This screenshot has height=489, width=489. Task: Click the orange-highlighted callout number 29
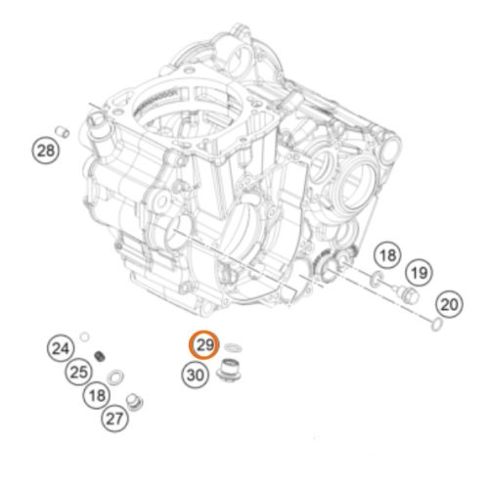click(204, 346)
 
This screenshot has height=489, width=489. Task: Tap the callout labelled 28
click(46, 150)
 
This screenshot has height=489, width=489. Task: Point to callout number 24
click(62, 348)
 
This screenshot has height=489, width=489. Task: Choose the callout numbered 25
click(79, 371)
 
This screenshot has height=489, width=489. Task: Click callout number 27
click(116, 419)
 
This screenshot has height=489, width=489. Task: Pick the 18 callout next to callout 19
click(388, 256)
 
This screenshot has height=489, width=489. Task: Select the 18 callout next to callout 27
click(96, 395)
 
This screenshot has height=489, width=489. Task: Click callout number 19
click(420, 271)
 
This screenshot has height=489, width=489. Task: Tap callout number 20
click(448, 304)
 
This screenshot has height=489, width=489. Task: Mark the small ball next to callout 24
click(86, 336)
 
